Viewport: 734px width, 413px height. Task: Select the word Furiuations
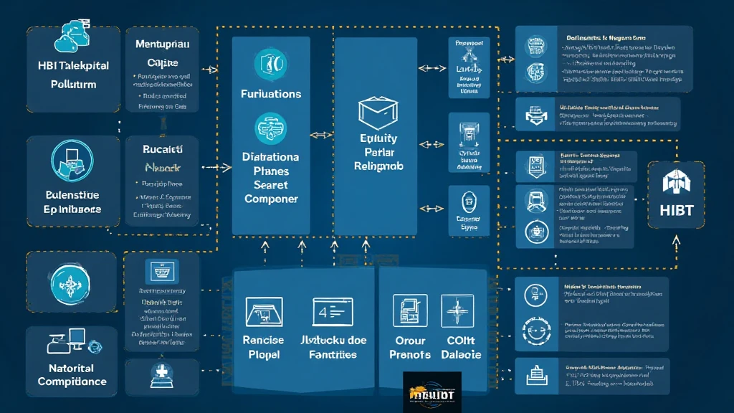point(271,94)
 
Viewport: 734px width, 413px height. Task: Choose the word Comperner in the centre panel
point(271,199)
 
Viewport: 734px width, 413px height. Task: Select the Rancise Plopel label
point(264,347)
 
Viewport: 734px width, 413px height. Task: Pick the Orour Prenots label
point(410,347)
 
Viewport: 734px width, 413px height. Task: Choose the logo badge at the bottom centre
point(432,391)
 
